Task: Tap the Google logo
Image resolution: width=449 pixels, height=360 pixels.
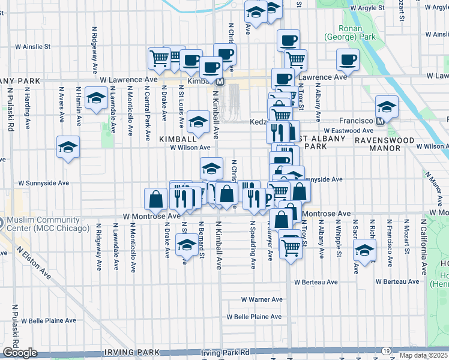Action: [20, 353]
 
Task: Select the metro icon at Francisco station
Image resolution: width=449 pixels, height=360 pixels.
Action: [379, 121]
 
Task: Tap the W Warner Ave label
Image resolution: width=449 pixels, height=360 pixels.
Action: [262, 299]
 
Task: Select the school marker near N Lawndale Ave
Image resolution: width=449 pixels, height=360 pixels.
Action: [96, 98]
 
